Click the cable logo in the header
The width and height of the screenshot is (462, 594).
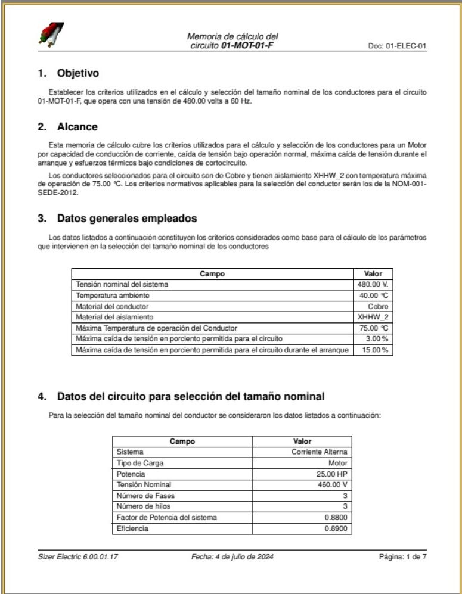click(x=51, y=36)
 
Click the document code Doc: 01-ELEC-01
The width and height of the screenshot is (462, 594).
click(x=398, y=46)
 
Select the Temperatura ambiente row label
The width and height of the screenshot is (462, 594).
click(x=112, y=296)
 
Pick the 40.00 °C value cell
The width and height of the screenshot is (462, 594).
click(x=374, y=296)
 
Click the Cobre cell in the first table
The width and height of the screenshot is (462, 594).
click(x=378, y=306)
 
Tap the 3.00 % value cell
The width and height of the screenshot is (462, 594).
click(x=376, y=339)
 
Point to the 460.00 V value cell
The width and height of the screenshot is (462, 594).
click(x=333, y=485)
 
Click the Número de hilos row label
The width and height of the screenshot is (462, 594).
click(x=145, y=506)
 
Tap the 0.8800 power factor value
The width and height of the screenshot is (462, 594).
click(x=337, y=517)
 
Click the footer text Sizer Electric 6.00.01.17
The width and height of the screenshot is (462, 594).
click(x=74, y=558)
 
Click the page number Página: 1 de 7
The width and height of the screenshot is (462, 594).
click(x=402, y=558)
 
